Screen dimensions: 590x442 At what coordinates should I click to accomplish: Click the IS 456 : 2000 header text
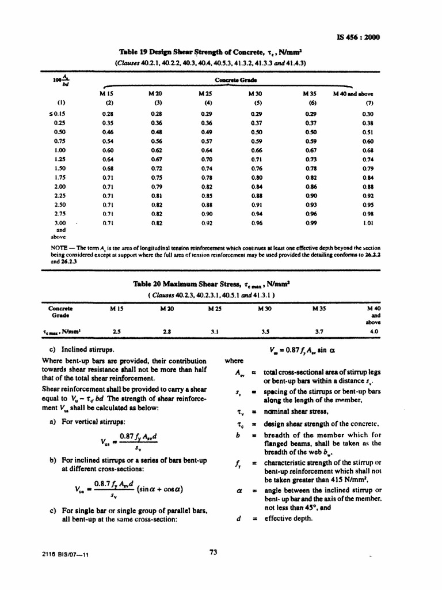pos(358,38)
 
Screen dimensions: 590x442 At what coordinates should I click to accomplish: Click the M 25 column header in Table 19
pos(205,93)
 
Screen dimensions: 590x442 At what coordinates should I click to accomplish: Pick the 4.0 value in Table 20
pos(374,332)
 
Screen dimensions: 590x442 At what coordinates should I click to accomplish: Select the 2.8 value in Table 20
pos(166,332)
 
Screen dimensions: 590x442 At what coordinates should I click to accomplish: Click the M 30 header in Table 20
pos(266,308)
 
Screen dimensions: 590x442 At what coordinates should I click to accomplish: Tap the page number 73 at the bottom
pos(213,552)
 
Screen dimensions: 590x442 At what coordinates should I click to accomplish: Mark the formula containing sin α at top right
pos(298,349)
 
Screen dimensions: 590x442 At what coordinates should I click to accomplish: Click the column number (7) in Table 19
pos(369,103)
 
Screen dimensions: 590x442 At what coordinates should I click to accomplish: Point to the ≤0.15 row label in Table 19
pos(58,114)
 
